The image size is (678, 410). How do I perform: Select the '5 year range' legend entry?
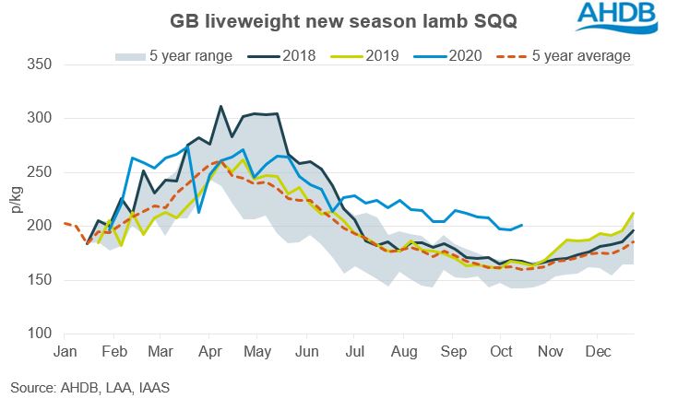[176, 56]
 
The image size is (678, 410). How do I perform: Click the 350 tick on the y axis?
[41, 65]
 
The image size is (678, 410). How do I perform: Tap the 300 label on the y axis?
[41, 119]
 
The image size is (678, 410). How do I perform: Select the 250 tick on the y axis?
[41, 172]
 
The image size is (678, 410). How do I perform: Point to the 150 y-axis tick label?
[41, 280]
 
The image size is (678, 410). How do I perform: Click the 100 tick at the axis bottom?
[41, 334]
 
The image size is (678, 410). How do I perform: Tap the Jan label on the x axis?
[65, 351]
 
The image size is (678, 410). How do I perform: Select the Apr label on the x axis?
[209, 351]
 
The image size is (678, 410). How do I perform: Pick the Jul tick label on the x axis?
[354, 351]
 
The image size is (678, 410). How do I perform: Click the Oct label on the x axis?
[501, 351]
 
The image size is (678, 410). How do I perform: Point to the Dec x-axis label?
[598, 351]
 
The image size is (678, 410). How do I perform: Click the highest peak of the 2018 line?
[220, 107]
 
